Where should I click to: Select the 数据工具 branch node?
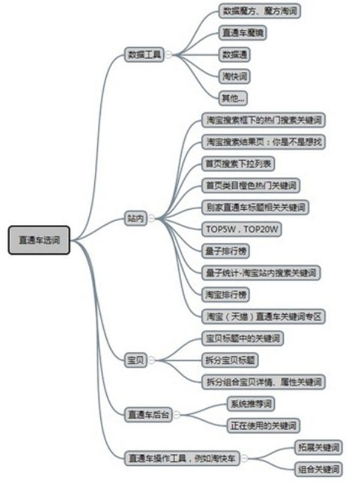pos(144,54)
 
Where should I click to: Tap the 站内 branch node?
pos(136,218)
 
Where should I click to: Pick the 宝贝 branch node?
pos(135,360)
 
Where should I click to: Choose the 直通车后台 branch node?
pos(148,414)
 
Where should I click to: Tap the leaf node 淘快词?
pos(234,76)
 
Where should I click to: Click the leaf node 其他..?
pos(233,98)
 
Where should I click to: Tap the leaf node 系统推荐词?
pos(250,403)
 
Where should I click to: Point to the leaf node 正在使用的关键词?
pos(263,426)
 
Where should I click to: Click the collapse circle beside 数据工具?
pos(168,54)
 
